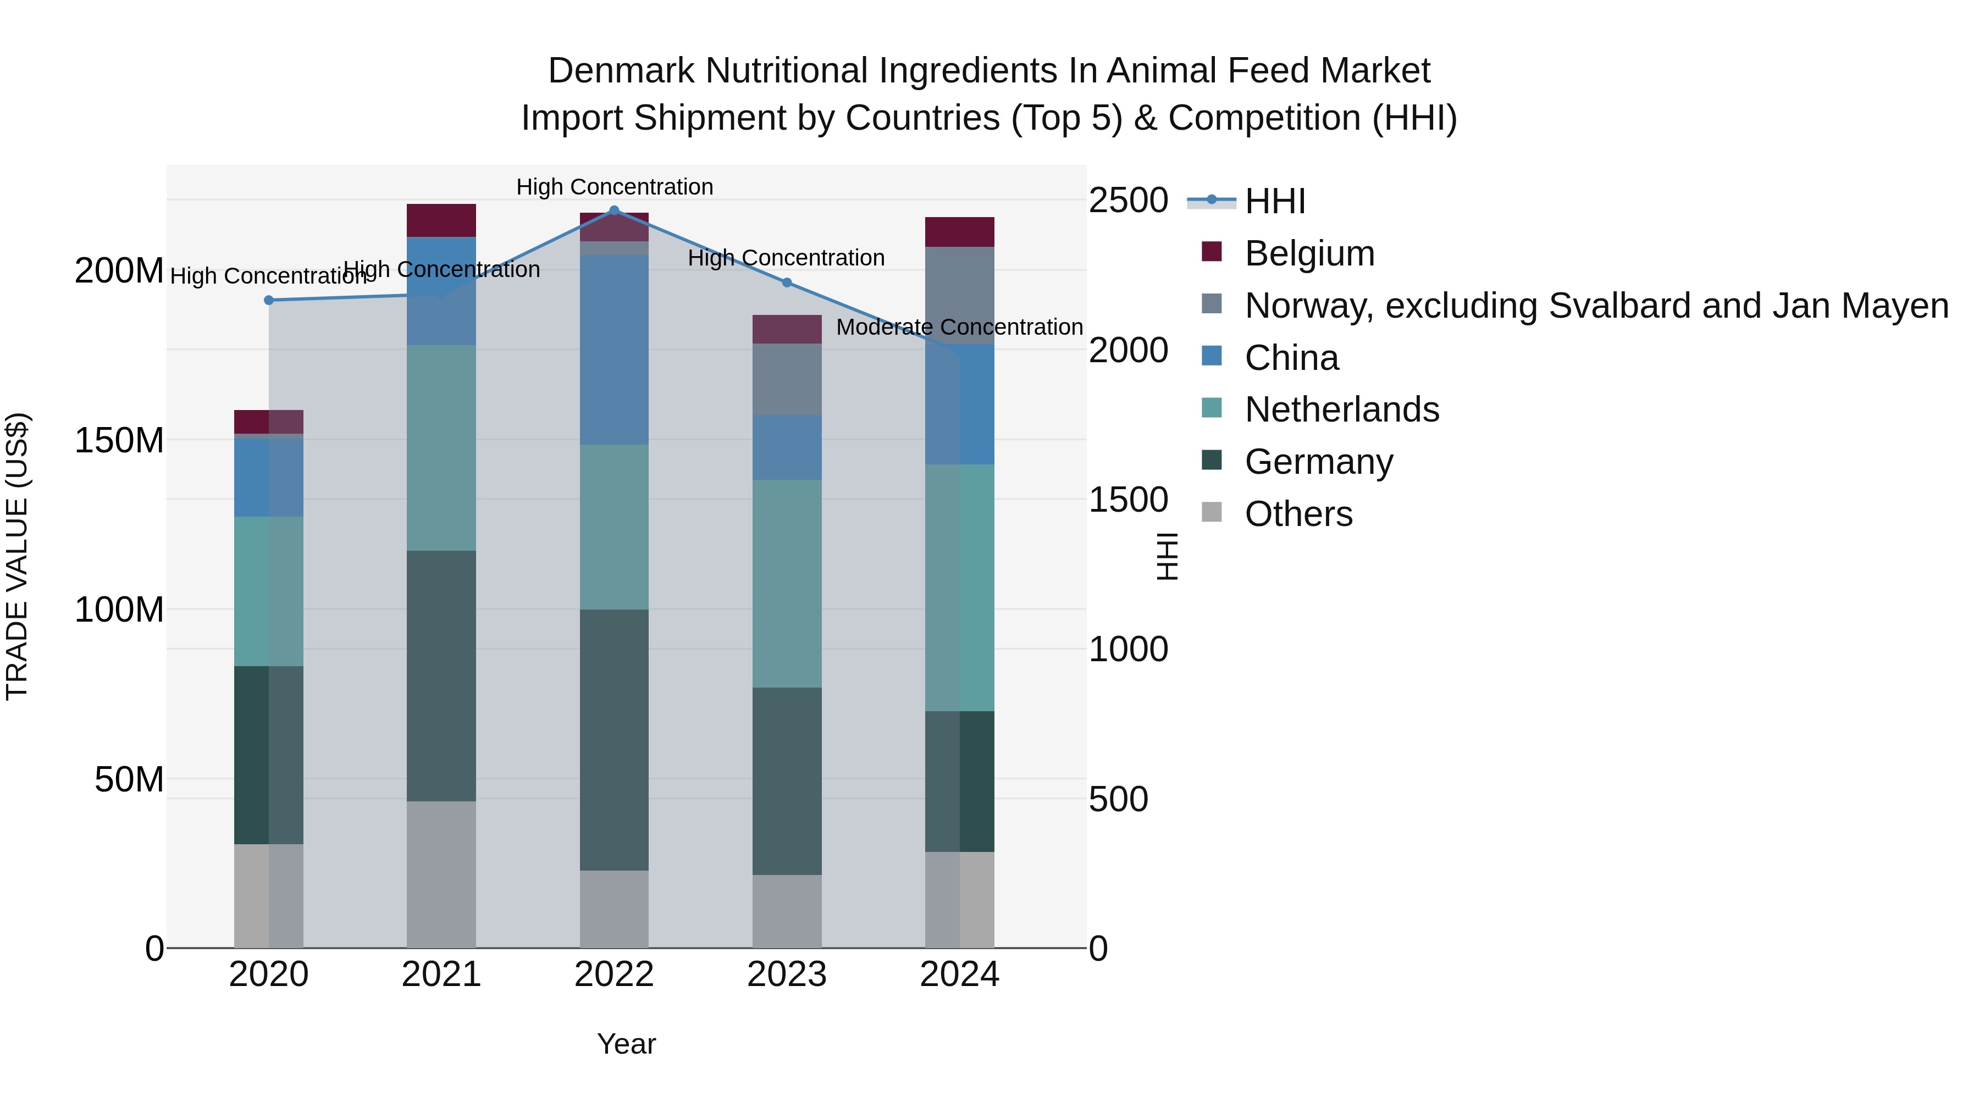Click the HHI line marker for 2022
(x=614, y=211)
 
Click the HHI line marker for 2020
(x=269, y=300)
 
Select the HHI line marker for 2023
(x=787, y=283)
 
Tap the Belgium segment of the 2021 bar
(x=441, y=220)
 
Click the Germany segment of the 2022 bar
(x=614, y=740)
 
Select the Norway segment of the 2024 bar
(x=959, y=295)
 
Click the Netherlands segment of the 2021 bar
(x=441, y=448)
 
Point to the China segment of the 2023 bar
(x=787, y=448)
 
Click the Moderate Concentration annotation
(x=959, y=327)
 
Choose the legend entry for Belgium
(x=1309, y=253)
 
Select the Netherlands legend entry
(x=1341, y=409)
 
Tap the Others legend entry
(x=1298, y=514)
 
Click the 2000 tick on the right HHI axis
(x=1128, y=350)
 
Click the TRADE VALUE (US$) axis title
(x=17, y=556)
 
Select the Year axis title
(x=626, y=1044)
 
